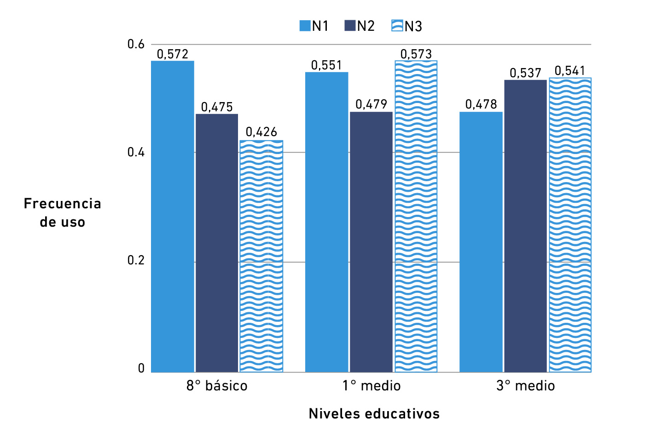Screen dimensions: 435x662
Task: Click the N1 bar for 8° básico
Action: (173, 216)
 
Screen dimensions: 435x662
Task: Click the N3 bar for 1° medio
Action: (416, 216)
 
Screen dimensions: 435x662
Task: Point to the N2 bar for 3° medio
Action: (525, 226)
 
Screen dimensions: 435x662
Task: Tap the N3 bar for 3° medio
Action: (570, 225)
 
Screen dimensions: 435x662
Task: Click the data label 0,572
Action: (173, 54)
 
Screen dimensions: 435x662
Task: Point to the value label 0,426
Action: (261, 132)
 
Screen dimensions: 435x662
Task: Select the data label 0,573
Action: (416, 54)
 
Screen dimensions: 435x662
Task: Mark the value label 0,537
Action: (525, 73)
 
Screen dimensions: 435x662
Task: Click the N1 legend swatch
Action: (305, 26)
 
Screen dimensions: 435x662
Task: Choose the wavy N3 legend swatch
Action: (397, 26)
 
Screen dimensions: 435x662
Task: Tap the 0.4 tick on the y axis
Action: (136, 152)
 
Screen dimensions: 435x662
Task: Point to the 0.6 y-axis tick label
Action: (136, 45)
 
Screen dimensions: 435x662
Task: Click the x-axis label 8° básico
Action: (217, 386)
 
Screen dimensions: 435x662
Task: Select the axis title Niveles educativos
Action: (374, 414)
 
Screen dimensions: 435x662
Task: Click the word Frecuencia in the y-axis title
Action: (63, 204)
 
